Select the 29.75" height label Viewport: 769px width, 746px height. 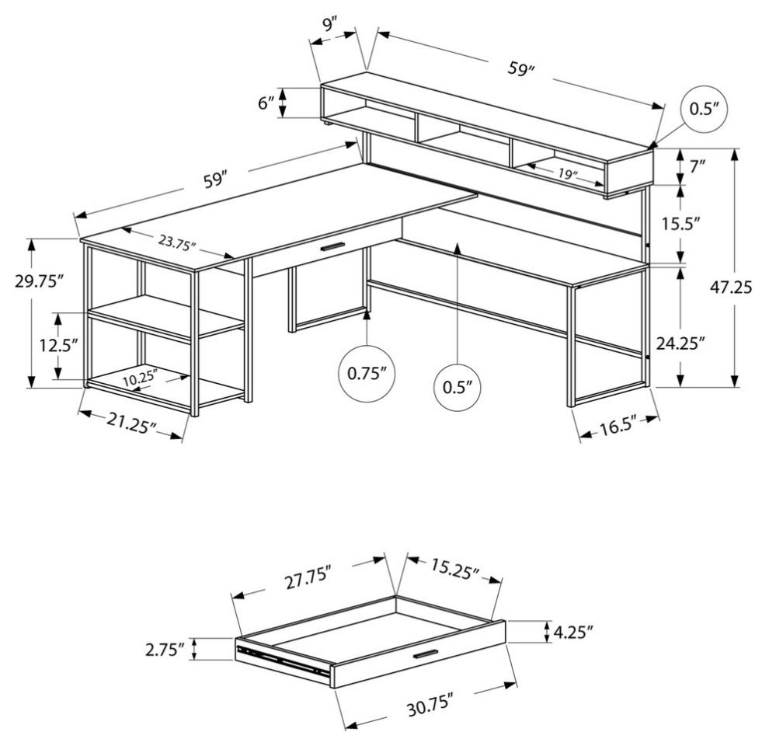[38, 281]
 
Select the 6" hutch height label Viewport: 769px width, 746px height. [266, 103]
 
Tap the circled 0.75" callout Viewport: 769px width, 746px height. [367, 374]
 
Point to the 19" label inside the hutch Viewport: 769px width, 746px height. [569, 176]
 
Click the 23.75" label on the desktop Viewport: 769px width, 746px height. [177, 242]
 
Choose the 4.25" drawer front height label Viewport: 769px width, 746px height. [575, 632]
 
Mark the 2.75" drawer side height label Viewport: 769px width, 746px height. [165, 650]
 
